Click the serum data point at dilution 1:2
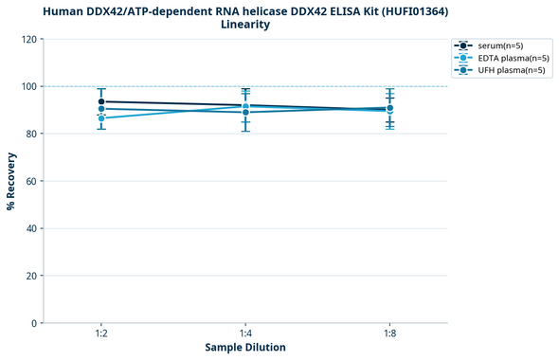tap(101, 101)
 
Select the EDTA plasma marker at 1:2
tap(101, 118)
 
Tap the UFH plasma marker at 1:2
tap(101, 109)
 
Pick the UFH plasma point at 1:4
tap(245, 112)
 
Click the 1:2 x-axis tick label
tap(101, 334)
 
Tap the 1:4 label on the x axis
tap(245, 334)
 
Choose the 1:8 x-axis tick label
tap(389, 334)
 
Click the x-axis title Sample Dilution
tap(245, 348)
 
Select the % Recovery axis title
tap(10, 181)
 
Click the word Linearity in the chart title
tap(245, 25)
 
